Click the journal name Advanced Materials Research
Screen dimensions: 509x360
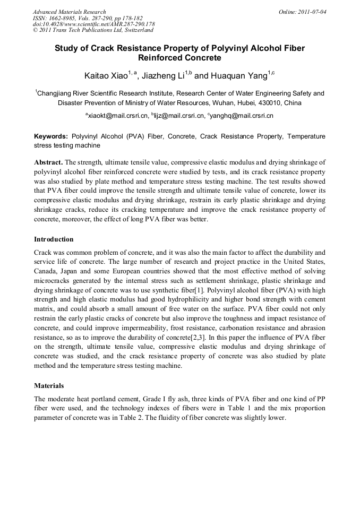coord(70,12)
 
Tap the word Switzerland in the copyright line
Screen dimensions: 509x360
coord(135,30)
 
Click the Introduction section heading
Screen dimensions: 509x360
coord(54,239)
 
